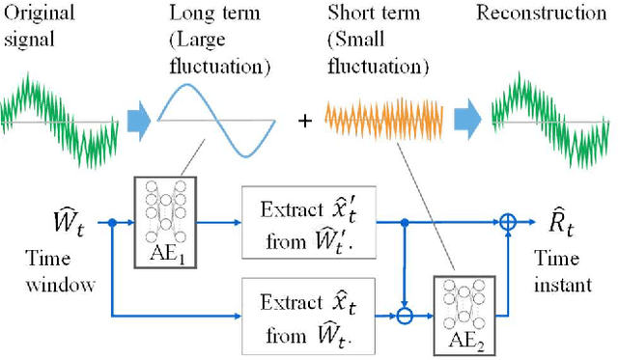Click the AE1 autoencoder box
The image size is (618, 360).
tap(164, 215)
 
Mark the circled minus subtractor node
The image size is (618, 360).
tap(405, 313)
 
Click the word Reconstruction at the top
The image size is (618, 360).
tap(547, 14)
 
